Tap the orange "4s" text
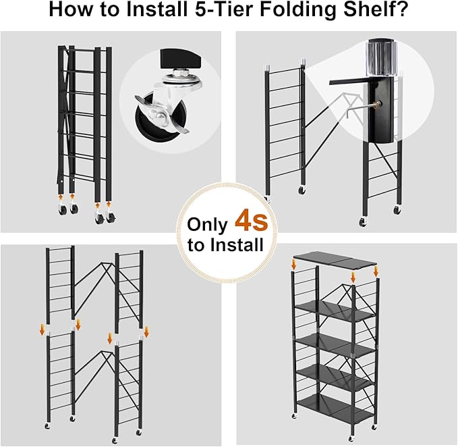pyautogui.click(x=251, y=220)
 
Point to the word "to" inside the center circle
pyautogui.click(x=196, y=245)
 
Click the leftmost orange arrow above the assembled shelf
pyautogui.click(x=294, y=263)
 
